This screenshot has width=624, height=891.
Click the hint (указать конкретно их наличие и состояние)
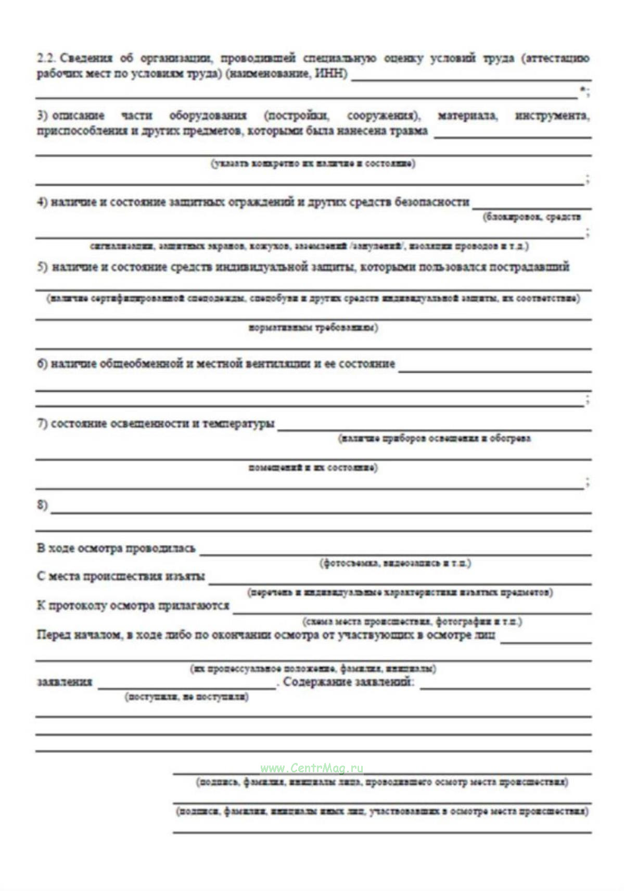[313, 164]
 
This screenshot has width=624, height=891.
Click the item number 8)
[42, 505]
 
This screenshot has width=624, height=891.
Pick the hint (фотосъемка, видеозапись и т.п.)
[395, 563]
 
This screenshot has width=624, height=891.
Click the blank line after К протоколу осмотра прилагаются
[411, 612]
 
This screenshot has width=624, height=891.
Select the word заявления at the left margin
[64, 682]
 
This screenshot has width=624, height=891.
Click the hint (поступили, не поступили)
[186, 696]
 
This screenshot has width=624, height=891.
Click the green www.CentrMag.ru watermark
[312, 768]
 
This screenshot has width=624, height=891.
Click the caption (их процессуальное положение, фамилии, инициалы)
[312, 668]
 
